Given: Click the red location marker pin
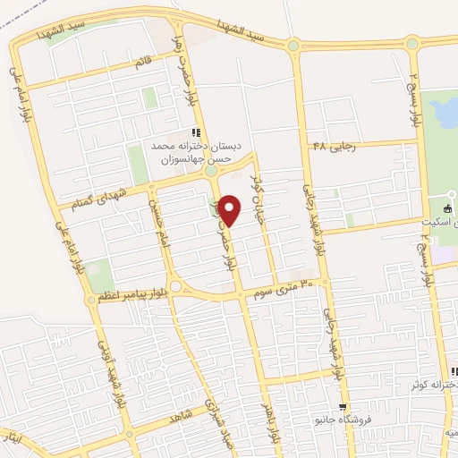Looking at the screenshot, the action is coord(230,210).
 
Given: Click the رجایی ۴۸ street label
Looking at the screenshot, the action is coord(335,146).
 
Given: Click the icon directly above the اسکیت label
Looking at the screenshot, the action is coord(448,208).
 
